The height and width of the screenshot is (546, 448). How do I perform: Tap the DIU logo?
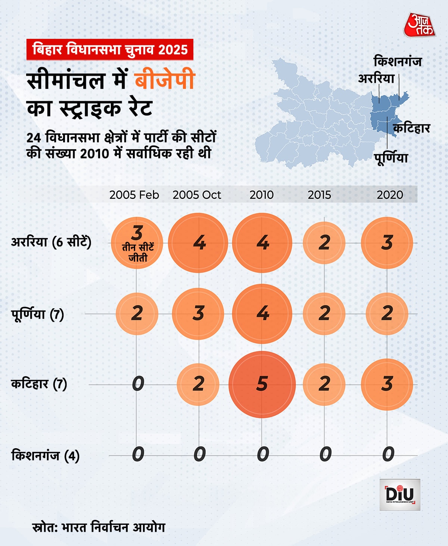(x=400, y=494)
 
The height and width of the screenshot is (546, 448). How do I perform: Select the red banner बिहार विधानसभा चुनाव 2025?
(x=110, y=50)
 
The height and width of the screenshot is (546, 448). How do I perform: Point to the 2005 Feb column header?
(x=134, y=195)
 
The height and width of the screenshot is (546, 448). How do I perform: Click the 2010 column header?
(x=261, y=195)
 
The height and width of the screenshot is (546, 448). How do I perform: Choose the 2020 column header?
(x=390, y=195)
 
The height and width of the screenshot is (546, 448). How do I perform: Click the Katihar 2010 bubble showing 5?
(x=262, y=384)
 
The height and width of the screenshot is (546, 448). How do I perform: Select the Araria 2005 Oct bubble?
(x=198, y=243)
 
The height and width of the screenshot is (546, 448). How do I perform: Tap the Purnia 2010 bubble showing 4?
(x=262, y=313)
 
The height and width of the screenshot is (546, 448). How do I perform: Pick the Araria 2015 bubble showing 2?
(x=324, y=243)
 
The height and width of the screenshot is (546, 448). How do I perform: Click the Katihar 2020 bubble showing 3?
(x=387, y=384)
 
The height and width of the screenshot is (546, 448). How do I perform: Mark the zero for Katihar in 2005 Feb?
(x=138, y=384)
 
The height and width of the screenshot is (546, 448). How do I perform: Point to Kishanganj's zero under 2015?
(x=325, y=454)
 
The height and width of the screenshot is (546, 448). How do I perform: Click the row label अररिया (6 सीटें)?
(x=51, y=242)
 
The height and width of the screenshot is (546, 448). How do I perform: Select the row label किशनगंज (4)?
(x=45, y=456)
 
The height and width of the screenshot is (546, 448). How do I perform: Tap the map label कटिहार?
(x=411, y=128)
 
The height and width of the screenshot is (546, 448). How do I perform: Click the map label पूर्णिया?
(x=391, y=157)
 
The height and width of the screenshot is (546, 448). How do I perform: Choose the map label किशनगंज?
(x=397, y=61)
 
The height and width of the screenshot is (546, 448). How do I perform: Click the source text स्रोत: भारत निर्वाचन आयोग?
(x=99, y=527)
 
